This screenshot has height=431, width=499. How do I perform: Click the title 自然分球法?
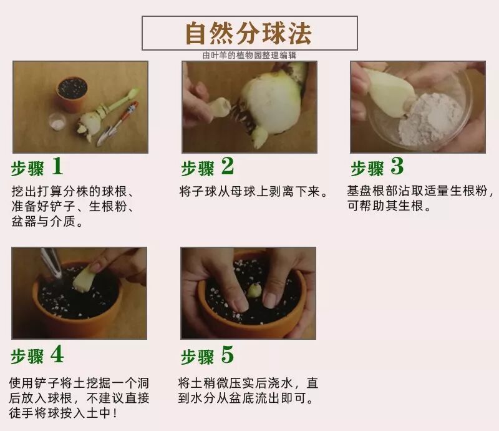point(248,33)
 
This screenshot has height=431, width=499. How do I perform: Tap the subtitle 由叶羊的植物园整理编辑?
point(249,56)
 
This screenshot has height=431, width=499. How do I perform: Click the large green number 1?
point(57,166)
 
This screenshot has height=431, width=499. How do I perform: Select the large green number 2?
point(228,166)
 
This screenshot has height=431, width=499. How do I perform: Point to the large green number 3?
point(397,166)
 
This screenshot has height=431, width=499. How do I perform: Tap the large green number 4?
point(57,354)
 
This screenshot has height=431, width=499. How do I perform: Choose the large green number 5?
point(228,355)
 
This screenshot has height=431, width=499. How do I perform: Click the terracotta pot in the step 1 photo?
point(72,94)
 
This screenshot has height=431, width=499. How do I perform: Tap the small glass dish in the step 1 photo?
point(57,122)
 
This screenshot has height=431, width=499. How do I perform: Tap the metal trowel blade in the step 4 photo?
point(52,264)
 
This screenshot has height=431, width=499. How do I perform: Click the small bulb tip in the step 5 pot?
point(254,290)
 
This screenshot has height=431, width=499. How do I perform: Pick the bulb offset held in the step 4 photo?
point(84,279)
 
